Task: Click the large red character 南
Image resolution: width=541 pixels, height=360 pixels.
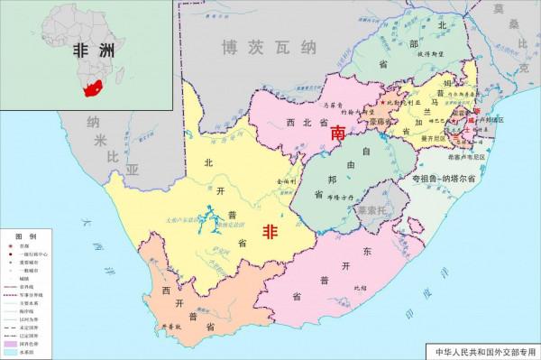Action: (x=339, y=133)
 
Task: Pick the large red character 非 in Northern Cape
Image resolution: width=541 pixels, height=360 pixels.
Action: (x=269, y=232)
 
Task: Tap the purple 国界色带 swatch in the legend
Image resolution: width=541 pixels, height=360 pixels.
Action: (x=12, y=343)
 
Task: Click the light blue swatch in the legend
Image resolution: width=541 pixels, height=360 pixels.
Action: (x=12, y=352)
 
